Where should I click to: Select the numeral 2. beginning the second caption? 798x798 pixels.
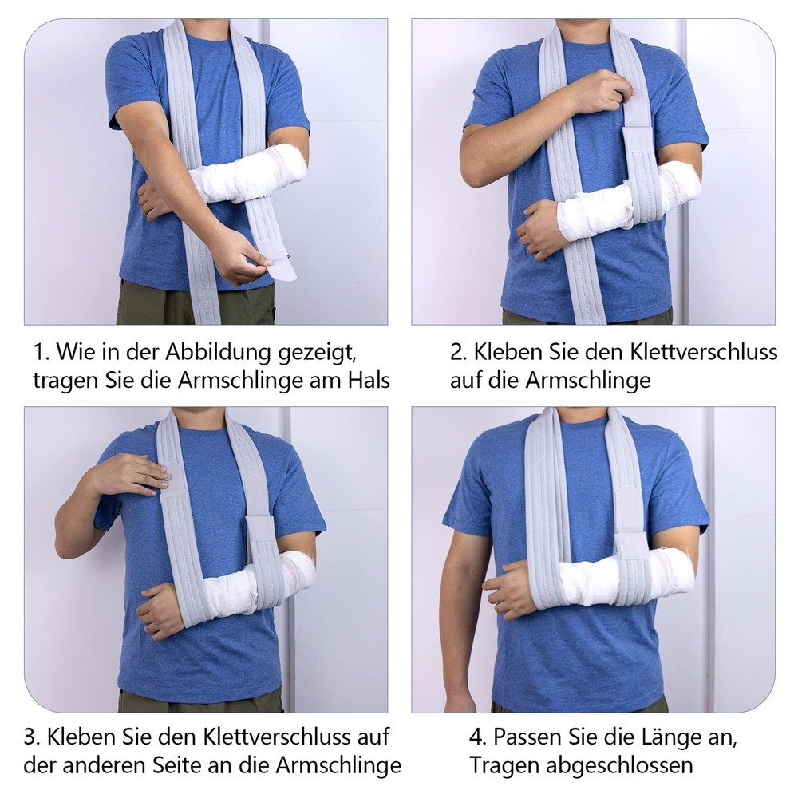tap(458, 352)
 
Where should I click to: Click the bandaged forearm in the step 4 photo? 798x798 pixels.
tap(606, 579)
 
